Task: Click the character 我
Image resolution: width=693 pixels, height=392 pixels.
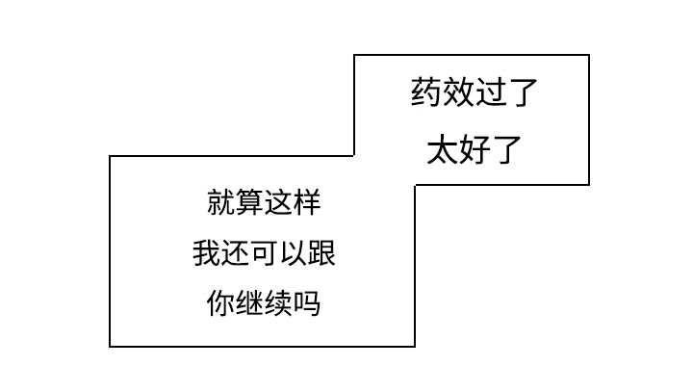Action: click(x=206, y=255)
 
